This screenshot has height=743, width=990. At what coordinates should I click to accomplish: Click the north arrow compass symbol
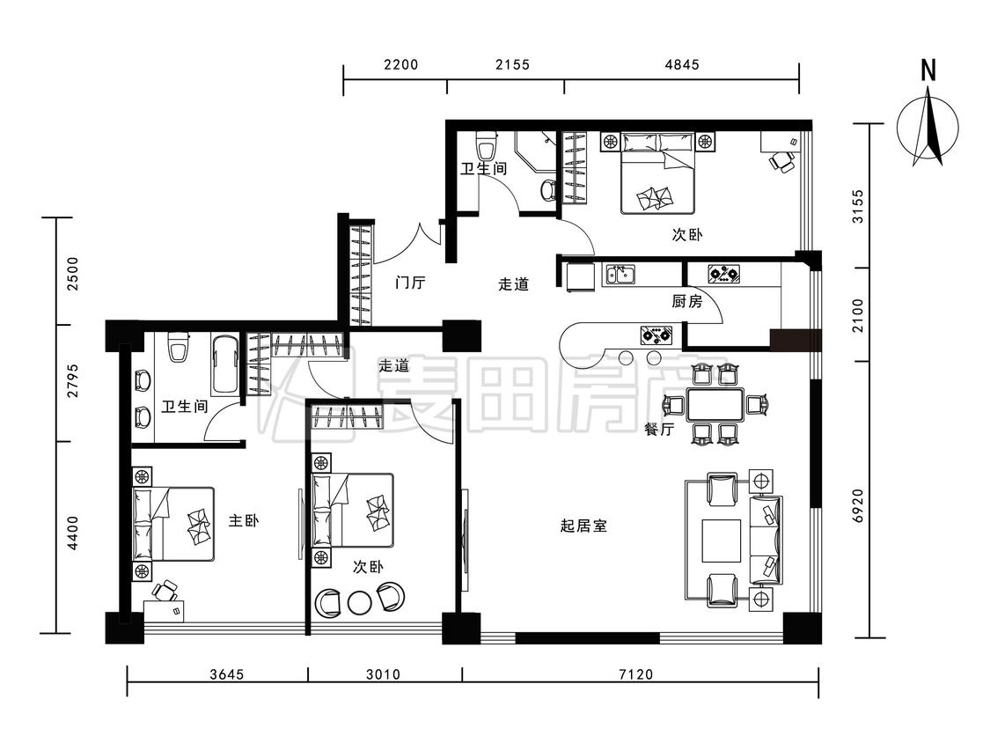pos(928,123)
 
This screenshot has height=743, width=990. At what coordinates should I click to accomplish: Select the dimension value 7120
pos(638,675)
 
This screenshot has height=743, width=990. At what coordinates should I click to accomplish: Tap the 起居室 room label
pos(583,526)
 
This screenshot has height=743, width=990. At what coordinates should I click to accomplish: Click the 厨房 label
pos(686,302)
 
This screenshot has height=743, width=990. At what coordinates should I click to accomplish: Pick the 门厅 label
pos(410,283)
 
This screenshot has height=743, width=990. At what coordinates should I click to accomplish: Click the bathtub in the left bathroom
pos(224,364)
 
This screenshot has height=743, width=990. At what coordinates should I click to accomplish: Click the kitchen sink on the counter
pos(620,276)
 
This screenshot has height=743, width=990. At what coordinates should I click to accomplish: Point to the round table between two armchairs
pos(359,601)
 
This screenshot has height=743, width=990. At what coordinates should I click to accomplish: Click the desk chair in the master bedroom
pos(164,591)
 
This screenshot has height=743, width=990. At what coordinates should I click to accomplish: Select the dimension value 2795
pos(73,380)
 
